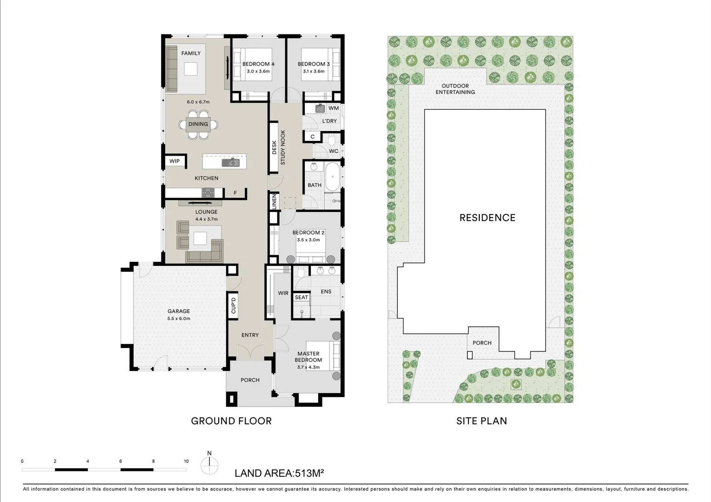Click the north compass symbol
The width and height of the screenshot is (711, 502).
tap(209, 464)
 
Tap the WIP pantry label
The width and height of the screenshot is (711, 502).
tap(174, 161)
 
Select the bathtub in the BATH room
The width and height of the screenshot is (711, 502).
tap(332, 177)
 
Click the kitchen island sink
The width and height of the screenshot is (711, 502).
tap(230, 162)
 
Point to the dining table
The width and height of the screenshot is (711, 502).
tap(198, 124)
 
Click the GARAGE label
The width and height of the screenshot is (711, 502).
tap(179, 311)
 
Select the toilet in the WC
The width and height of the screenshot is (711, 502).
tap(331, 139)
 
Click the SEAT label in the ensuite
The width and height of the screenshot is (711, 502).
tap(302, 297)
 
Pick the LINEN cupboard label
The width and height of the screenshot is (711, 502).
tap(274, 202)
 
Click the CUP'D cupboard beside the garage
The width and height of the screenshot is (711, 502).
tap(234, 305)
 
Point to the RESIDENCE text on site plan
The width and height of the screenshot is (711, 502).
tap(487, 218)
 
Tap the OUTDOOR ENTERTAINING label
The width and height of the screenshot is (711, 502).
tap(455, 89)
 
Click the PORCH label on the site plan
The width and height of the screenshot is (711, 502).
tap(482, 343)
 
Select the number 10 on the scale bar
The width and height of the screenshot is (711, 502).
tap(186, 462)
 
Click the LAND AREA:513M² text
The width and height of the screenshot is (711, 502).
tap(279, 474)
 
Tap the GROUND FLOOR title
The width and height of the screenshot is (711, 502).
tap(231, 421)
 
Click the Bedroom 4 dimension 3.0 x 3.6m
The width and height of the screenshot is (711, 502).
tap(258, 72)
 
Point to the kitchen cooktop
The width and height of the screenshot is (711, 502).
tap(208, 192)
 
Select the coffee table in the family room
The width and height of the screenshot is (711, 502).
tap(191, 69)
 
